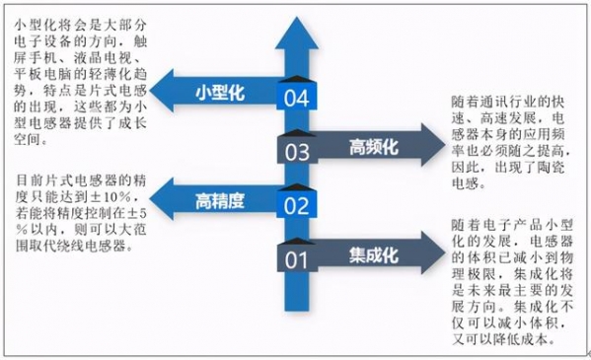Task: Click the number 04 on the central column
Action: (296, 98)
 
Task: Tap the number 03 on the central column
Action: (296, 152)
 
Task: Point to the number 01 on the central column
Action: (296, 260)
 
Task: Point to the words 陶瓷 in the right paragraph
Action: (548, 168)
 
